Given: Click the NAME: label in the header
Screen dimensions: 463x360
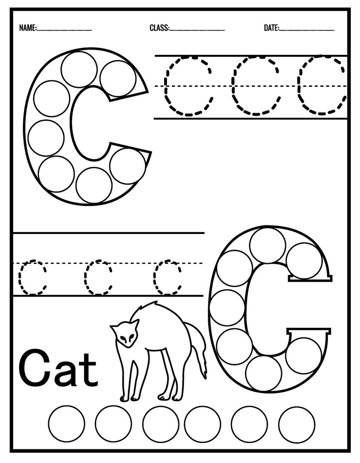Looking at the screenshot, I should click(28, 28).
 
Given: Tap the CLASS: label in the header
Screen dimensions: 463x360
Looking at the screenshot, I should click(159, 28).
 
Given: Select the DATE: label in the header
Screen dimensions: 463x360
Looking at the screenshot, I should click(272, 28).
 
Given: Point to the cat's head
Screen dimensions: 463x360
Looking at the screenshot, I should click(126, 333).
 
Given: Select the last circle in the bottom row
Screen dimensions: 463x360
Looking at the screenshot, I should click(297, 424).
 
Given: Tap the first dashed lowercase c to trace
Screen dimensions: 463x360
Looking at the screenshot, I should click(32, 278).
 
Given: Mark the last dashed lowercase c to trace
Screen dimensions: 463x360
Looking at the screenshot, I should click(167, 278).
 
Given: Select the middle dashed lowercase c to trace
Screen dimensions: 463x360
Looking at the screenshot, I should click(98, 278).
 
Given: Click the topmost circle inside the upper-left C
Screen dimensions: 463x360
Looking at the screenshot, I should click(79, 69).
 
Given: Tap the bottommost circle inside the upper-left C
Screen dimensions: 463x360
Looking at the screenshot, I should click(94, 185).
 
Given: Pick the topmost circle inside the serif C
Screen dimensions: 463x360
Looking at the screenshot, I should click(267, 245).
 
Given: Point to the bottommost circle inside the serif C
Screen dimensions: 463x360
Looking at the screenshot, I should click(263, 373).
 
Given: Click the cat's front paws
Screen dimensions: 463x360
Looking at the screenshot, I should click(129, 398).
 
